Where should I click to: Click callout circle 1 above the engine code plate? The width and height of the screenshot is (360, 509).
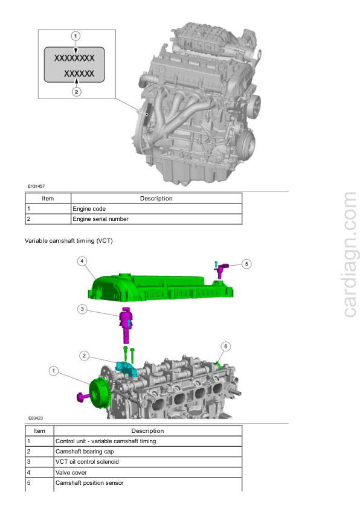(x=76, y=36)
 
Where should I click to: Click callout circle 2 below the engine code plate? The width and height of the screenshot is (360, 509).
(x=76, y=92)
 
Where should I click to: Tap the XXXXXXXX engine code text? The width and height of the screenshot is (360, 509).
(x=74, y=58)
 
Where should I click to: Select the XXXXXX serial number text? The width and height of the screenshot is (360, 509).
(x=79, y=74)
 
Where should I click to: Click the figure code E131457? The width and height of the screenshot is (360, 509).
(x=36, y=187)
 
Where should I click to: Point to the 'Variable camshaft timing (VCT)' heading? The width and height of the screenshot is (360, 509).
(x=68, y=240)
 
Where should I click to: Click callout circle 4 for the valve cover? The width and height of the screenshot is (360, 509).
(x=82, y=261)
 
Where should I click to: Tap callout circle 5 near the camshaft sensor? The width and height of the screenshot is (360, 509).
(x=246, y=264)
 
